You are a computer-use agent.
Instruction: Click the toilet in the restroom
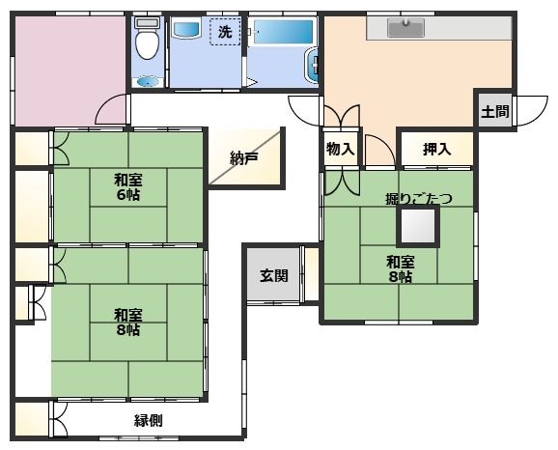pos(146,42)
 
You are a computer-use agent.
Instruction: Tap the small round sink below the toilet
pos(146,81)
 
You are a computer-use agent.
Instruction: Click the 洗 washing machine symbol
pos(225,31)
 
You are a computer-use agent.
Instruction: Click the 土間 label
pos(495,111)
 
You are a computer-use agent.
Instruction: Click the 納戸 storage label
pos(243,158)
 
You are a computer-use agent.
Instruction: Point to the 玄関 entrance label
pos(273,275)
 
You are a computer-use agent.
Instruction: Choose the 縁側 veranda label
pos(148,420)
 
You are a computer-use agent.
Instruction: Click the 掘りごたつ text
pos(417,199)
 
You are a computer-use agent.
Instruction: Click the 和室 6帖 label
pos(127,185)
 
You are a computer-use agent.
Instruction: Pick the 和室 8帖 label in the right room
pos(400,269)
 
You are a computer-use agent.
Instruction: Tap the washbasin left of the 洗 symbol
pos(184,30)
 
